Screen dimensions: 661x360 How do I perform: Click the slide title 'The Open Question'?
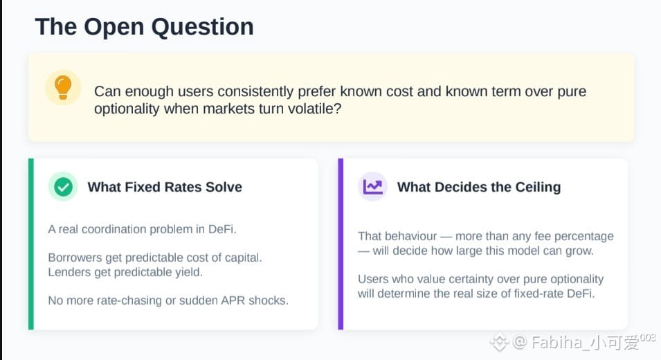pyautogui.click(x=144, y=28)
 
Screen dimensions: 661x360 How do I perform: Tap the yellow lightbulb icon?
pyautogui.click(x=63, y=88)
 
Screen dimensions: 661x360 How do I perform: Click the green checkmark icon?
pyautogui.click(x=63, y=186)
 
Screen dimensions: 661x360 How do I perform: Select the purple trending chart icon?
pyautogui.click(x=372, y=186)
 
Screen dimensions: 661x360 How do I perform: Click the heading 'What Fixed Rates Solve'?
pyautogui.click(x=165, y=187)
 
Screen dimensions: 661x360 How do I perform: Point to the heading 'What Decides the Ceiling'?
pyautogui.click(x=479, y=187)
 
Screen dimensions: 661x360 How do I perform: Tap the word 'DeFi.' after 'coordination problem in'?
pyautogui.click(x=222, y=229)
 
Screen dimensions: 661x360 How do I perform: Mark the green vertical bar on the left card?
pyautogui.click(x=30, y=244)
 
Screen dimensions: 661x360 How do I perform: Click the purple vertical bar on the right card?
pyautogui.click(x=341, y=244)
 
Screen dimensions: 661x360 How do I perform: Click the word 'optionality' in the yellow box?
pyautogui.click(x=127, y=109)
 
